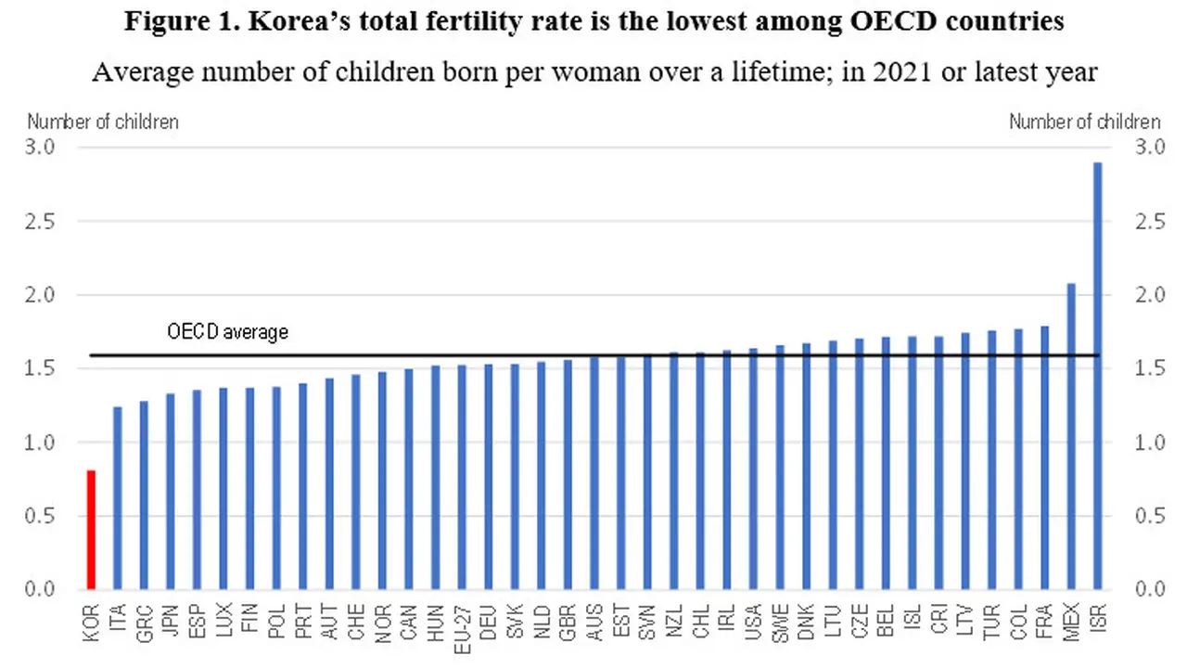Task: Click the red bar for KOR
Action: click(91, 530)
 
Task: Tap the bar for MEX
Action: click(1071, 436)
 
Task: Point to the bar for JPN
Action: click(171, 492)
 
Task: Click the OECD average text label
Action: click(227, 331)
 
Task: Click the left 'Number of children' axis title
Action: click(103, 122)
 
